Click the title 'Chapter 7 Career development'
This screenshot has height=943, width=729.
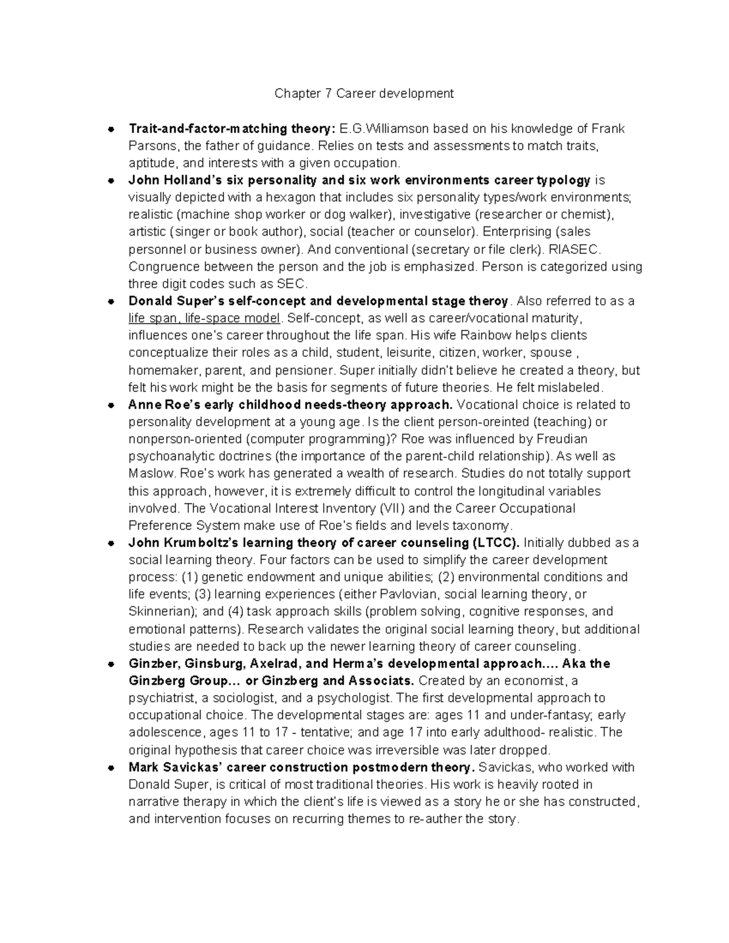click(364, 94)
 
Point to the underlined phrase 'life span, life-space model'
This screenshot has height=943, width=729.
click(204, 318)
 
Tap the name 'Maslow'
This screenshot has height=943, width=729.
click(149, 474)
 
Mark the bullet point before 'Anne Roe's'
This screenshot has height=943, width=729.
click(111, 405)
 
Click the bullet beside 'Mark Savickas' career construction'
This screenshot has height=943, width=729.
click(111, 768)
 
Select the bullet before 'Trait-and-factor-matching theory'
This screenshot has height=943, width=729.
click(111, 129)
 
